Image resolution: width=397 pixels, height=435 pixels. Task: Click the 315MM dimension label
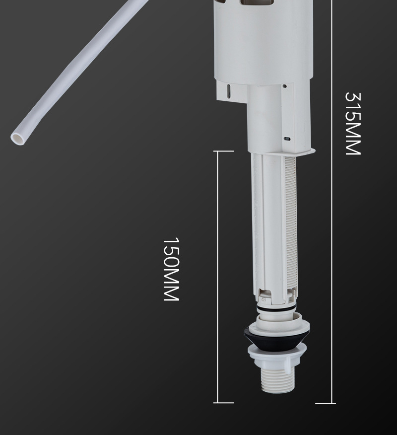point(352,124)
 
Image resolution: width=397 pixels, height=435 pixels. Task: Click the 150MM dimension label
point(171,269)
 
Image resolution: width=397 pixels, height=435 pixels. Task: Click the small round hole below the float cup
point(285,86)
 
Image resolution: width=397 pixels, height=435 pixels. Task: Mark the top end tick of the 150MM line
point(224,151)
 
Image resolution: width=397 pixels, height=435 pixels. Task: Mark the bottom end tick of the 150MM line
point(224,403)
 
